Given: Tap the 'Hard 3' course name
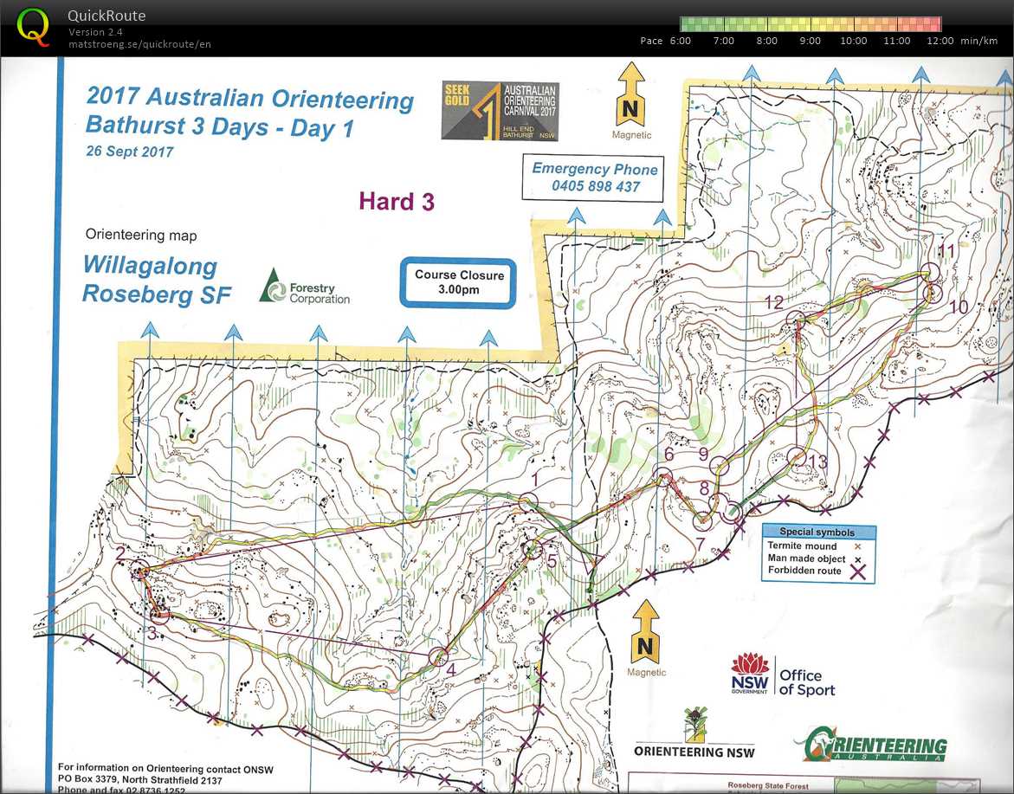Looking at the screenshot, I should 397,202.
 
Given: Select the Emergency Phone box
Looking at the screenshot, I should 595,178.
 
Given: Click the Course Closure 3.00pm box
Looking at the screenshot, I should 458,282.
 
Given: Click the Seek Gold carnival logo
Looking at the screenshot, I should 500,112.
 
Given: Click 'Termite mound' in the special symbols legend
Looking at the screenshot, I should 801,546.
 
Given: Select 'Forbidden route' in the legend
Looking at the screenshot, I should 804,571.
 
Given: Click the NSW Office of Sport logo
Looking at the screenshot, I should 783,675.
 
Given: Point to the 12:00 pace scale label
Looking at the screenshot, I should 940,41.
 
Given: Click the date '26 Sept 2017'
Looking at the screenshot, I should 130,152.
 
